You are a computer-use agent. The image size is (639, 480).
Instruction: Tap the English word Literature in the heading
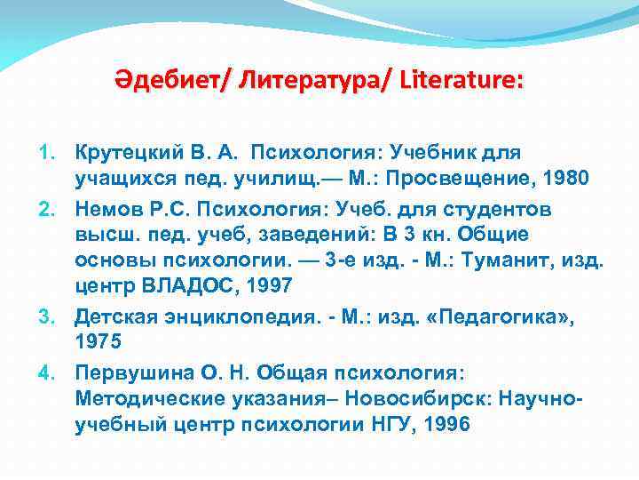[x=461, y=81]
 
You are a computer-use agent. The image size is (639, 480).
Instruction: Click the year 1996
[x=449, y=425]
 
